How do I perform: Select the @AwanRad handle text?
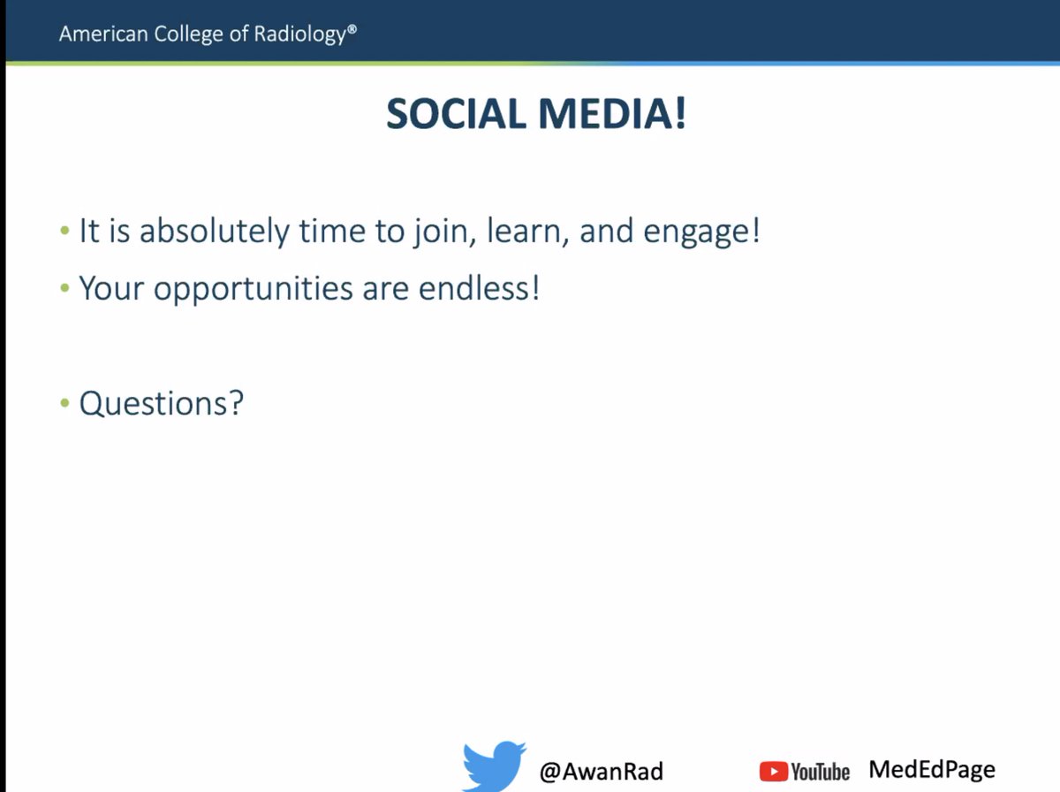point(601,771)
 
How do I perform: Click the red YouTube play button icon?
point(773,772)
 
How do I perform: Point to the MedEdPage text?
point(931,769)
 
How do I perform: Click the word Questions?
point(161,404)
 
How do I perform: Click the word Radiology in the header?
point(306,34)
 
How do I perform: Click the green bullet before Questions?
point(64,403)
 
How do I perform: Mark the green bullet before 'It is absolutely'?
point(64,232)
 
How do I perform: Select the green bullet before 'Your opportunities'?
point(64,288)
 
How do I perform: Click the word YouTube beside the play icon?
point(820,772)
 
